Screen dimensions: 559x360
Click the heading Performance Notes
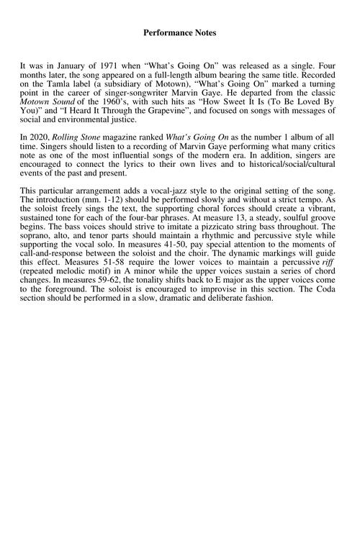(x=179, y=32)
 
